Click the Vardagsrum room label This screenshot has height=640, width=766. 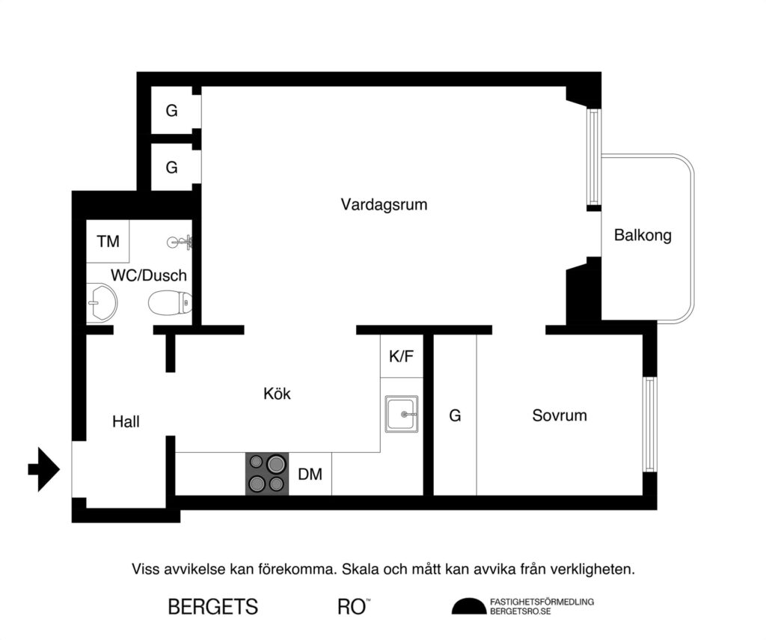tap(384, 204)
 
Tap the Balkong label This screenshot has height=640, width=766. tap(643, 235)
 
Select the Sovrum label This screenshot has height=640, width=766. tap(560, 415)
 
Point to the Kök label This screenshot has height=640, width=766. tap(277, 393)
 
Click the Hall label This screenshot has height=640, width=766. tap(126, 421)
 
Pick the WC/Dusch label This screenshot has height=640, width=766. tap(149, 275)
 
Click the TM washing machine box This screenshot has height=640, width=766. tap(108, 241)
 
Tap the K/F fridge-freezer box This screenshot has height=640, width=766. tap(401, 356)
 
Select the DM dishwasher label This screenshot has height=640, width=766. tap(310, 474)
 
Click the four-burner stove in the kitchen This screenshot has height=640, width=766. tap(267, 474)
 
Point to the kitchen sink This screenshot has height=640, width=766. tap(402, 414)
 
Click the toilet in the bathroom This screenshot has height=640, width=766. tap(170, 303)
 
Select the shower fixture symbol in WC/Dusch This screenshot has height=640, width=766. tap(180, 241)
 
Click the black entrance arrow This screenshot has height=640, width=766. tap(44, 469)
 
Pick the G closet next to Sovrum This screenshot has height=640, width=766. tap(455, 415)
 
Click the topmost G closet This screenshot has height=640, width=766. tap(172, 111)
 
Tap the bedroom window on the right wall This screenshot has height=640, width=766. tap(649, 424)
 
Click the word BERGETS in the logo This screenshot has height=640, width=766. tap(213, 606)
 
